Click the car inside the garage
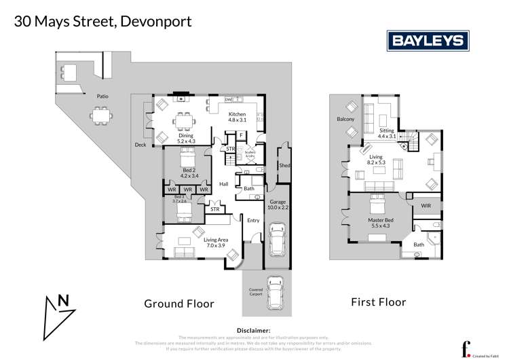pyautogui.click(x=279, y=239)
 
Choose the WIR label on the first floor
pyautogui.click(x=426, y=204)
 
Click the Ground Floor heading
pyautogui.click(x=179, y=304)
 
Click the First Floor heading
pyautogui.click(x=378, y=302)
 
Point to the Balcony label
pyautogui.click(x=345, y=120)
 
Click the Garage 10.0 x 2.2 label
pyautogui.click(x=278, y=205)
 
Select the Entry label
pyautogui.click(x=253, y=220)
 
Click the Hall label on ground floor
pyautogui.click(x=223, y=185)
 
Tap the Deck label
pyautogui.click(x=140, y=145)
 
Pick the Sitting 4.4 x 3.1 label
pyautogui.click(x=387, y=133)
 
